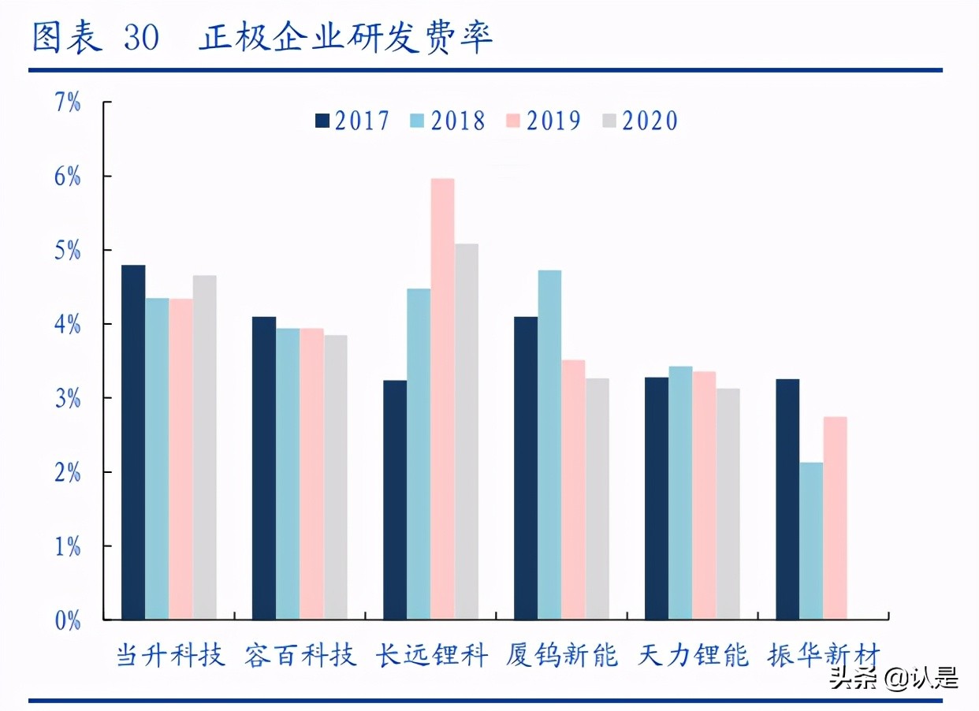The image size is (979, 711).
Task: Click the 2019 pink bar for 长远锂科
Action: (x=442, y=399)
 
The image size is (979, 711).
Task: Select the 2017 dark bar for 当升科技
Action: (x=133, y=442)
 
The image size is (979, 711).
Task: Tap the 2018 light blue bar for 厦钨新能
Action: (x=549, y=445)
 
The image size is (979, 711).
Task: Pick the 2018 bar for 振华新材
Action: (x=811, y=541)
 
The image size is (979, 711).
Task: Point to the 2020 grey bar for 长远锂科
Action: (x=467, y=431)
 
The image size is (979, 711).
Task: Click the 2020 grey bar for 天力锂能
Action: (x=728, y=504)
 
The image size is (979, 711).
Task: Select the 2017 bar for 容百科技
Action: (x=264, y=468)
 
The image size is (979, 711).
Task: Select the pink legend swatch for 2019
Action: (x=514, y=121)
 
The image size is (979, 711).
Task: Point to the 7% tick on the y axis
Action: (x=68, y=102)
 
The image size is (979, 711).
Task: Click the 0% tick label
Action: (x=68, y=620)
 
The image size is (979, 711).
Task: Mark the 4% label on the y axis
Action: (x=68, y=324)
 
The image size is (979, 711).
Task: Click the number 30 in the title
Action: (x=141, y=38)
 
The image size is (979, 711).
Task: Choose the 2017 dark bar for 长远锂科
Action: (x=395, y=500)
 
